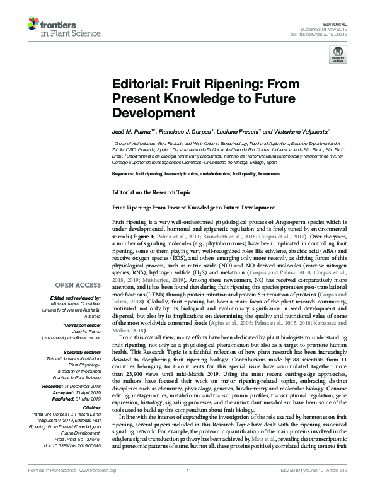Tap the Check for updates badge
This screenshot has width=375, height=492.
pos(338,55)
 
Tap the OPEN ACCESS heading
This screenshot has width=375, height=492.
pos(76,284)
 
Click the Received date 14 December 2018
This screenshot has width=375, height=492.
pos(76,385)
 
